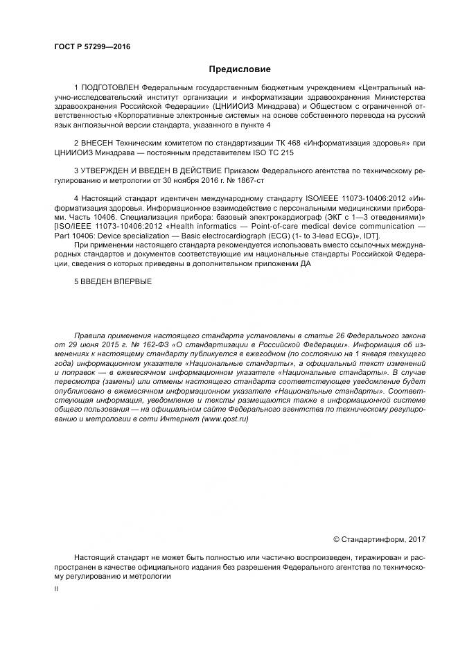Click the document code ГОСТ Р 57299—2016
[91, 47]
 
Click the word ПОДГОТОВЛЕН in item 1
[110, 88]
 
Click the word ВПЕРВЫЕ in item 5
[129, 281]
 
